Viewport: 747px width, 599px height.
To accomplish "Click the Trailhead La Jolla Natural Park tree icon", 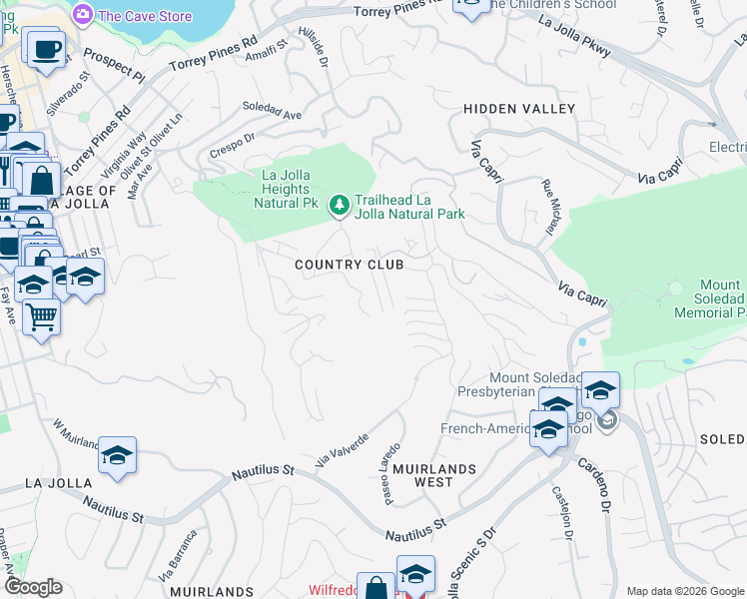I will pos(340,205).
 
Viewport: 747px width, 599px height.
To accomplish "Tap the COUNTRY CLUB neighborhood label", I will pos(349,265).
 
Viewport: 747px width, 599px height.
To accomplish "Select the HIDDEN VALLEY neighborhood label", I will pos(519,108).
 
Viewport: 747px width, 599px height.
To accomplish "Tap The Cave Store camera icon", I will pos(83,15).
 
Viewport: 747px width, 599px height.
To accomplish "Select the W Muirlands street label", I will pos(76,434).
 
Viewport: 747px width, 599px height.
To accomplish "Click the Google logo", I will pos(32,587).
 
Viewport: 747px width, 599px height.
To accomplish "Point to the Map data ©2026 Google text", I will pos(685,591).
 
